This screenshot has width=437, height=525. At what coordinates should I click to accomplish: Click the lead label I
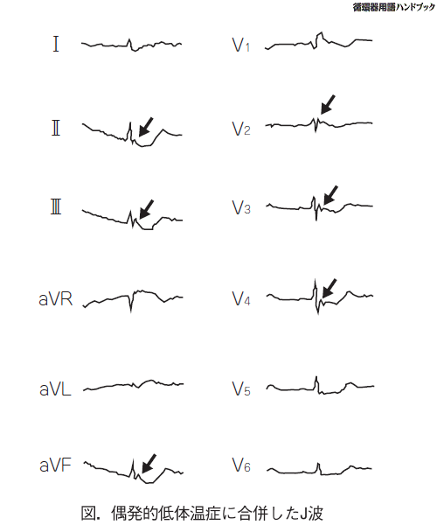pos(56,44)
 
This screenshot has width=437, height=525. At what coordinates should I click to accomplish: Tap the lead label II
pos(56,129)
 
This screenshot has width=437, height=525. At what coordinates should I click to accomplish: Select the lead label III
pos(56,206)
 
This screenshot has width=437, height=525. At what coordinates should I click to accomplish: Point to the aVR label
pos(56,299)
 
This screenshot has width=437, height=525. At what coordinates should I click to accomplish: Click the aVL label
pos(55,389)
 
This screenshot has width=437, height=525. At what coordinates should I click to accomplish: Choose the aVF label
pos(56,465)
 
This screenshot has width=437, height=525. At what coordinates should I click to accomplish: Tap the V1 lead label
pos(240,45)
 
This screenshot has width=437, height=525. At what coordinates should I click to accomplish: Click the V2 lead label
pos(241,129)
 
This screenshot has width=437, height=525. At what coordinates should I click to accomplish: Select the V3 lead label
pos(241,207)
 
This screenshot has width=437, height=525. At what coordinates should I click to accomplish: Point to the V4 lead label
pos(241,298)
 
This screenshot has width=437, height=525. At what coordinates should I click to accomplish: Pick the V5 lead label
pos(241,388)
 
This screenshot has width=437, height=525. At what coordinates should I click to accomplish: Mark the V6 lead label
pos(241,465)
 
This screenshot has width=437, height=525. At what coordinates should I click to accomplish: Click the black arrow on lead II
pos(145,127)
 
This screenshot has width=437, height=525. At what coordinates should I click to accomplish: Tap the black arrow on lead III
pos(146,209)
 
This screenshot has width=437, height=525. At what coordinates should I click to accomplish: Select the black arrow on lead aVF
pos(149,464)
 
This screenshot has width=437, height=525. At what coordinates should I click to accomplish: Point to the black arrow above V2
pos(328,104)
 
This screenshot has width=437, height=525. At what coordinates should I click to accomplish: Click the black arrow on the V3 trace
pos(330,195)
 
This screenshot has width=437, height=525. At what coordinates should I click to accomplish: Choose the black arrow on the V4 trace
pos(329,288)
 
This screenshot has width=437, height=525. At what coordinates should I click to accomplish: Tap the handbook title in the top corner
pos(393,7)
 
